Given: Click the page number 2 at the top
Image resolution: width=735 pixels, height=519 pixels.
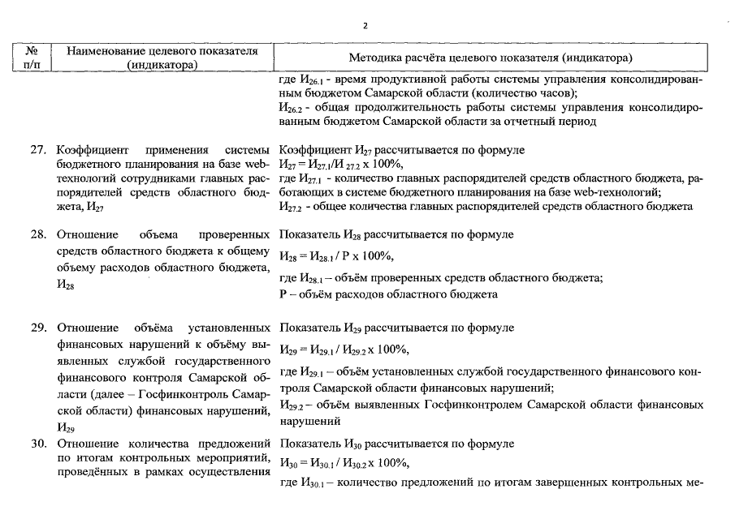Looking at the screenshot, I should (365, 25).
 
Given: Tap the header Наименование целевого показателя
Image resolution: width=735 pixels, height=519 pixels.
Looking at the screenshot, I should (162, 58).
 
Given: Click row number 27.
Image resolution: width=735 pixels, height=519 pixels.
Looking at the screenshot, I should (38, 150).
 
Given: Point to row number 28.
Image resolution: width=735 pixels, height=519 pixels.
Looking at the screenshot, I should (38, 234).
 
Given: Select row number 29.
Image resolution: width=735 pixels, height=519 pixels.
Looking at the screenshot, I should (38, 328).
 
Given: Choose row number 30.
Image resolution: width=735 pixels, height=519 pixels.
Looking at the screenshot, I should (38, 444).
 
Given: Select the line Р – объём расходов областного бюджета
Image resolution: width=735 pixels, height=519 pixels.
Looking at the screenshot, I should (387, 294).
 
